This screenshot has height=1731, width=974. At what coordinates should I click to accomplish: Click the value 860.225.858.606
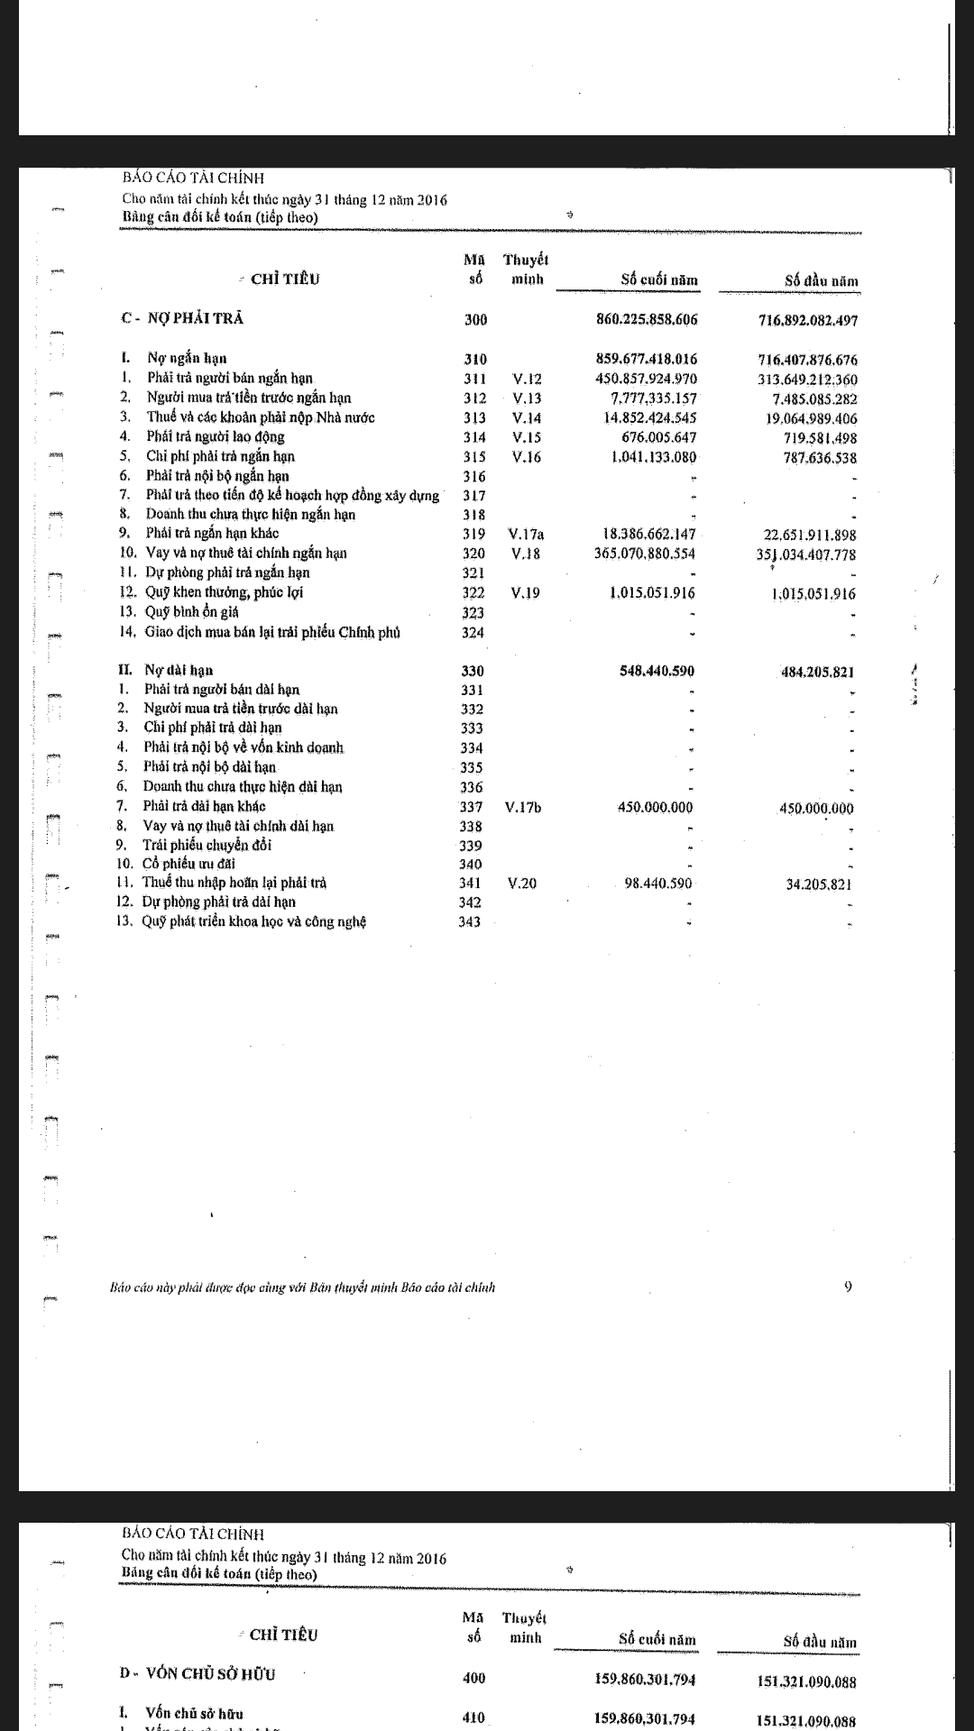[x=647, y=319]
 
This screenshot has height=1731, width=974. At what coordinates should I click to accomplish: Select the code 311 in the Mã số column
[x=474, y=379]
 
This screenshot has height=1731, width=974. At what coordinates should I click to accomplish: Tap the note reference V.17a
[x=526, y=534]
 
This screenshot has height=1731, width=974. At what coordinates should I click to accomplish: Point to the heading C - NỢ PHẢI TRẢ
[x=182, y=318]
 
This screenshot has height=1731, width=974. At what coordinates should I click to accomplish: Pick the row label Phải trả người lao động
[x=216, y=436]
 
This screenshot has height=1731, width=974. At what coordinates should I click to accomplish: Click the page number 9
[x=848, y=1287]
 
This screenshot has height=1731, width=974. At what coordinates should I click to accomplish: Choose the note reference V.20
[x=522, y=884]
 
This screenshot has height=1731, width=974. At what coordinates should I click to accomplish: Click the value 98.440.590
[x=658, y=884]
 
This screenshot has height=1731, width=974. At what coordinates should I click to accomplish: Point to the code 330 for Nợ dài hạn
[x=473, y=671]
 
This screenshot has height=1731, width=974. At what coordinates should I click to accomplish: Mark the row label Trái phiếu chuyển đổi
[x=207, y=845]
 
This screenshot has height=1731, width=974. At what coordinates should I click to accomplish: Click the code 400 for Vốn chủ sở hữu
[x=473, y=1678]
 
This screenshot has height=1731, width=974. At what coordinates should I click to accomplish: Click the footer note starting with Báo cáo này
[x=302, y=1287]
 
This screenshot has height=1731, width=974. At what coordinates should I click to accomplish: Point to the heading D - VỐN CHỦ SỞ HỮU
[x=198, y=1673]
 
